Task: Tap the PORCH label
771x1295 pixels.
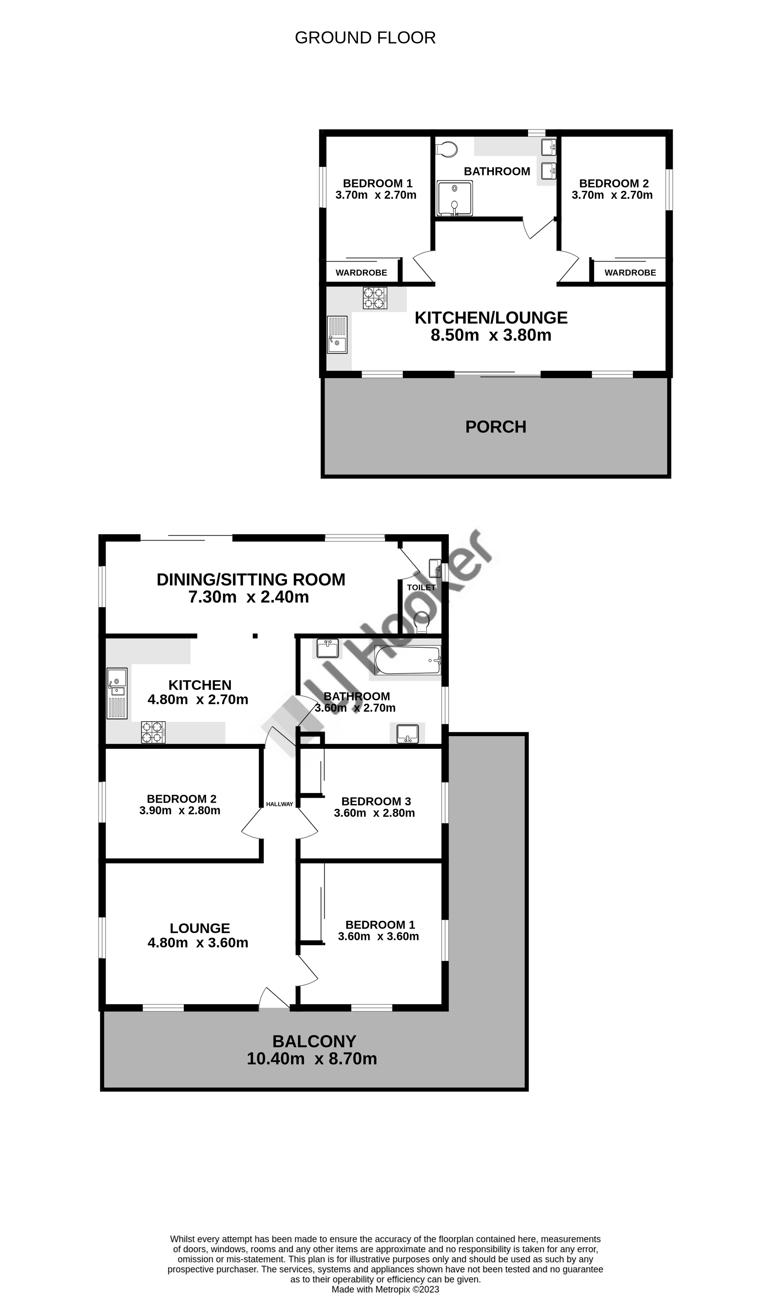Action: (496, 427)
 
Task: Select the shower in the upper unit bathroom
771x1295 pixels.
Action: (455, 198)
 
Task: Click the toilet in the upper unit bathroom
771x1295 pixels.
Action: (446, 149)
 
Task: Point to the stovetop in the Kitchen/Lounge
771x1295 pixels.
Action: (375, 298)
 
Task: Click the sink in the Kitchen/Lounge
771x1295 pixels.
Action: (337, 335)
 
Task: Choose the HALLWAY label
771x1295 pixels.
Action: (280, 804)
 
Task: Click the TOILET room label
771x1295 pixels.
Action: (421, 587)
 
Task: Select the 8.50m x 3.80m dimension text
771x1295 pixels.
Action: (491, 335)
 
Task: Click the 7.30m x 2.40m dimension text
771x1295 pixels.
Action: (248, 597)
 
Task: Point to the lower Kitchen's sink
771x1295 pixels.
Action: (117, 693)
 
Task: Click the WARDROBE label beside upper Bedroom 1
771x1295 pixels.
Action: (361, 273)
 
